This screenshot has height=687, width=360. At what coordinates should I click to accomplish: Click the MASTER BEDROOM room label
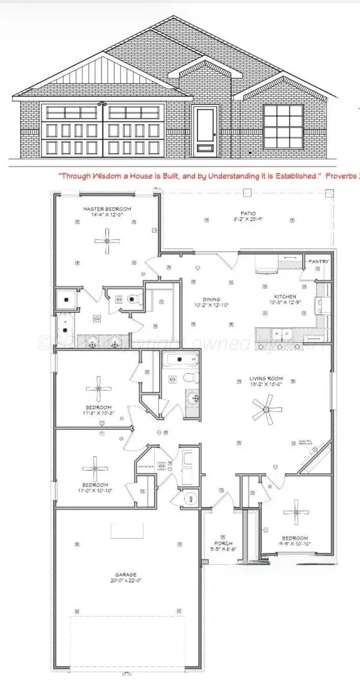[107, 209]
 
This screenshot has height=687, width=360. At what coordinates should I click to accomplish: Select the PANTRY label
[318, 262]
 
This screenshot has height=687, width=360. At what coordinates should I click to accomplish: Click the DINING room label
[211, 299]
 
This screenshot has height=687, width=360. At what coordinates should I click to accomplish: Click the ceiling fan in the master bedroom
[106, 241]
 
